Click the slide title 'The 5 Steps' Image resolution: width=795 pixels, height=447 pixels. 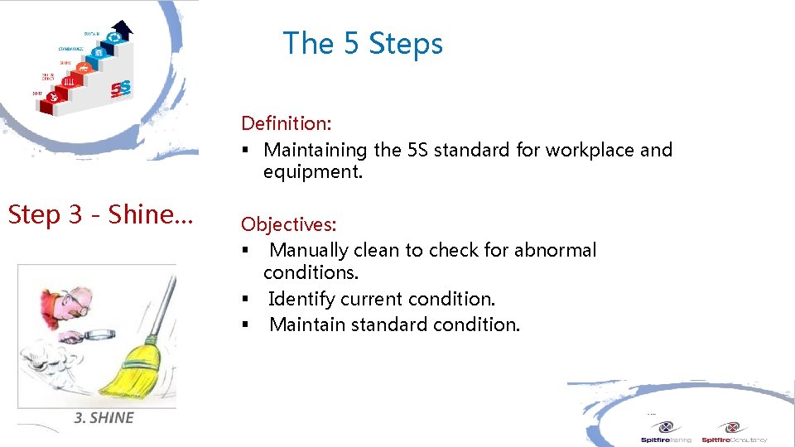(363, 43)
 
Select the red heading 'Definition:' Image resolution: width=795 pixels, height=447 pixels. (286, 123)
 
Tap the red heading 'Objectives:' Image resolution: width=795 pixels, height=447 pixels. (288, 224)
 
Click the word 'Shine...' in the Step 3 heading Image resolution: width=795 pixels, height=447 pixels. (152, 214)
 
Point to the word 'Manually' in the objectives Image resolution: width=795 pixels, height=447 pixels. (308, 250)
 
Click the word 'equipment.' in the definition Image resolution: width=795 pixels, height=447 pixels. (312, 172)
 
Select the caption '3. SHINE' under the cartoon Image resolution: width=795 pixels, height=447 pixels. (104, 418)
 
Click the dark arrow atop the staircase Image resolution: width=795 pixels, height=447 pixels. (122, 31)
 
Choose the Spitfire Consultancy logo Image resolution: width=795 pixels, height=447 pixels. (733, 432)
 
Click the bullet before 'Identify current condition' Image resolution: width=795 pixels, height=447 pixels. (246, 300)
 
